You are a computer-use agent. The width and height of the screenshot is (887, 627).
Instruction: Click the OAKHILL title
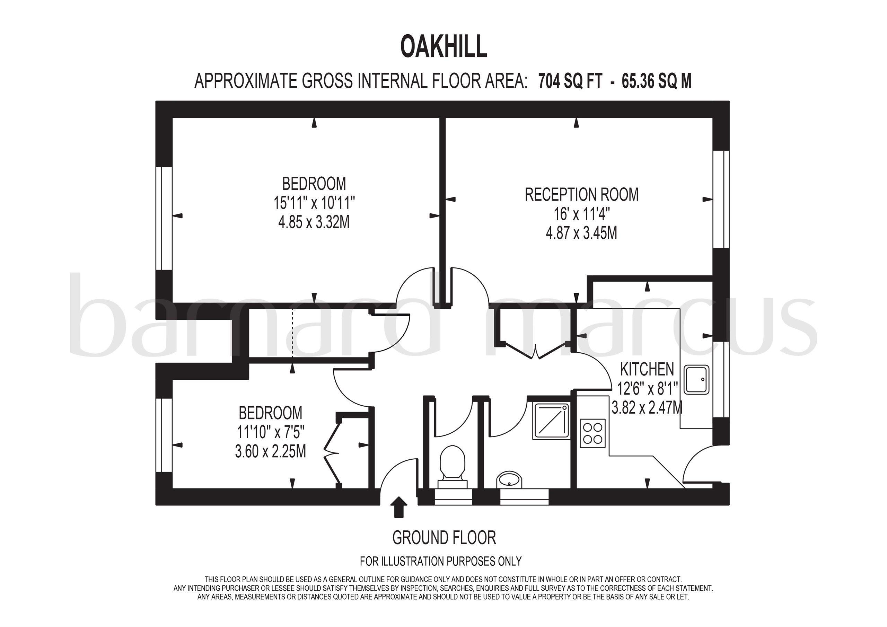pos(443,47)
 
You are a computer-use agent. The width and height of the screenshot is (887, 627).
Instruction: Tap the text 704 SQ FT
pos(570,81)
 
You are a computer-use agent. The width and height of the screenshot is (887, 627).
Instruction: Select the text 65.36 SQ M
pos(656,81)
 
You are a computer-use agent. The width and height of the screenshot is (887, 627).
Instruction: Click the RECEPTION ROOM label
pos(581,194)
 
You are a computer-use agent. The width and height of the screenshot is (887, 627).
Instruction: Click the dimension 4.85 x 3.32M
pos(314,222)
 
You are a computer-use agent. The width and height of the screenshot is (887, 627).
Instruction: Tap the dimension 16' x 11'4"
pos(581,214)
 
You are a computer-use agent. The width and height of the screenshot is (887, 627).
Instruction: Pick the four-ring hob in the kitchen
pos(592,433)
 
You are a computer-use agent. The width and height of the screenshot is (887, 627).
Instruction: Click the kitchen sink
pos(697,380)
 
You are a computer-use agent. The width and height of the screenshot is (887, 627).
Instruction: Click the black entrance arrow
pos(399,507)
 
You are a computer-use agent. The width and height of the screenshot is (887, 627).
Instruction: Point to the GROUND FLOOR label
pos(444,537)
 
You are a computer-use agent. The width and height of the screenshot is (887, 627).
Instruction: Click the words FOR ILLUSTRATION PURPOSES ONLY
pos(440,561)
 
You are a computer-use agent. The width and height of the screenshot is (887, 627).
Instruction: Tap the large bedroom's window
pos(164,218)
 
